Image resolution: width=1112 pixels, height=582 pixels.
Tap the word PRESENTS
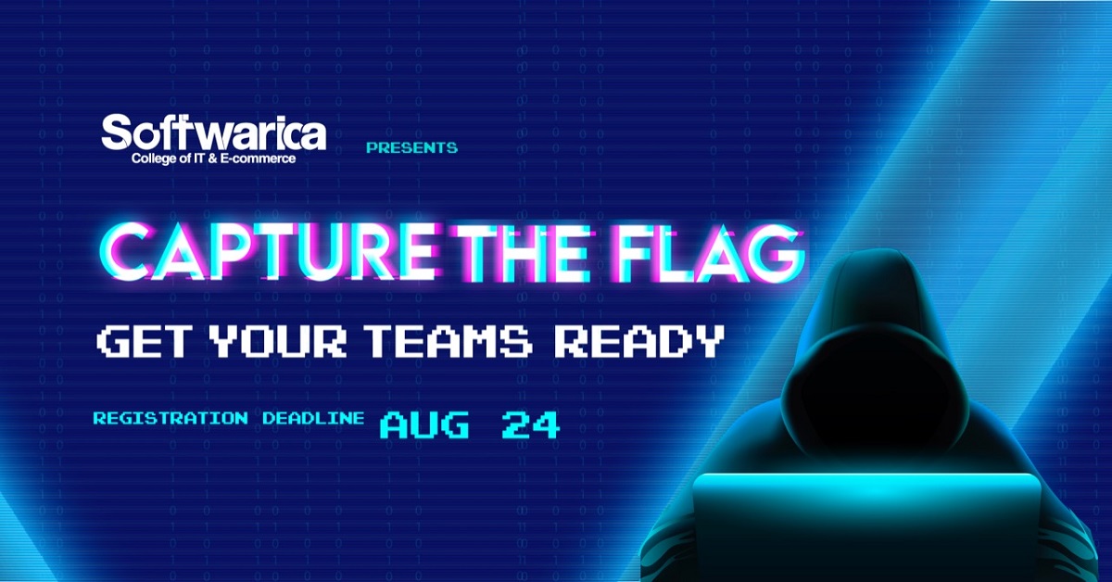tap(411, 147)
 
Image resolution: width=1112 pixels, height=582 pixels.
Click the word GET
tap(145, 341)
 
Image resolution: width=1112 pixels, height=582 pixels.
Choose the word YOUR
tap(278, 341)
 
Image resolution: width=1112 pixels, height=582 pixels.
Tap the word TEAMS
tap(449, 341)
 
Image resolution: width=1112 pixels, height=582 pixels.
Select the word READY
tap(642, 341)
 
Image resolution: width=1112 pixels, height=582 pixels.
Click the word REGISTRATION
tap(171, 418)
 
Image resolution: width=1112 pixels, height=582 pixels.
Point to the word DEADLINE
tap(314, 418)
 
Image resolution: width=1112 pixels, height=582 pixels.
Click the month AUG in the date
tap(425, 425)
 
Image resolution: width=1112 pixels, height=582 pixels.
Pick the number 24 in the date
tap(531, 425)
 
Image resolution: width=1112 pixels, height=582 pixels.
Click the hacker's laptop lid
tap(866, 526)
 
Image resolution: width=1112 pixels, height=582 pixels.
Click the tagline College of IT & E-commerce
tap(213, 158)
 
